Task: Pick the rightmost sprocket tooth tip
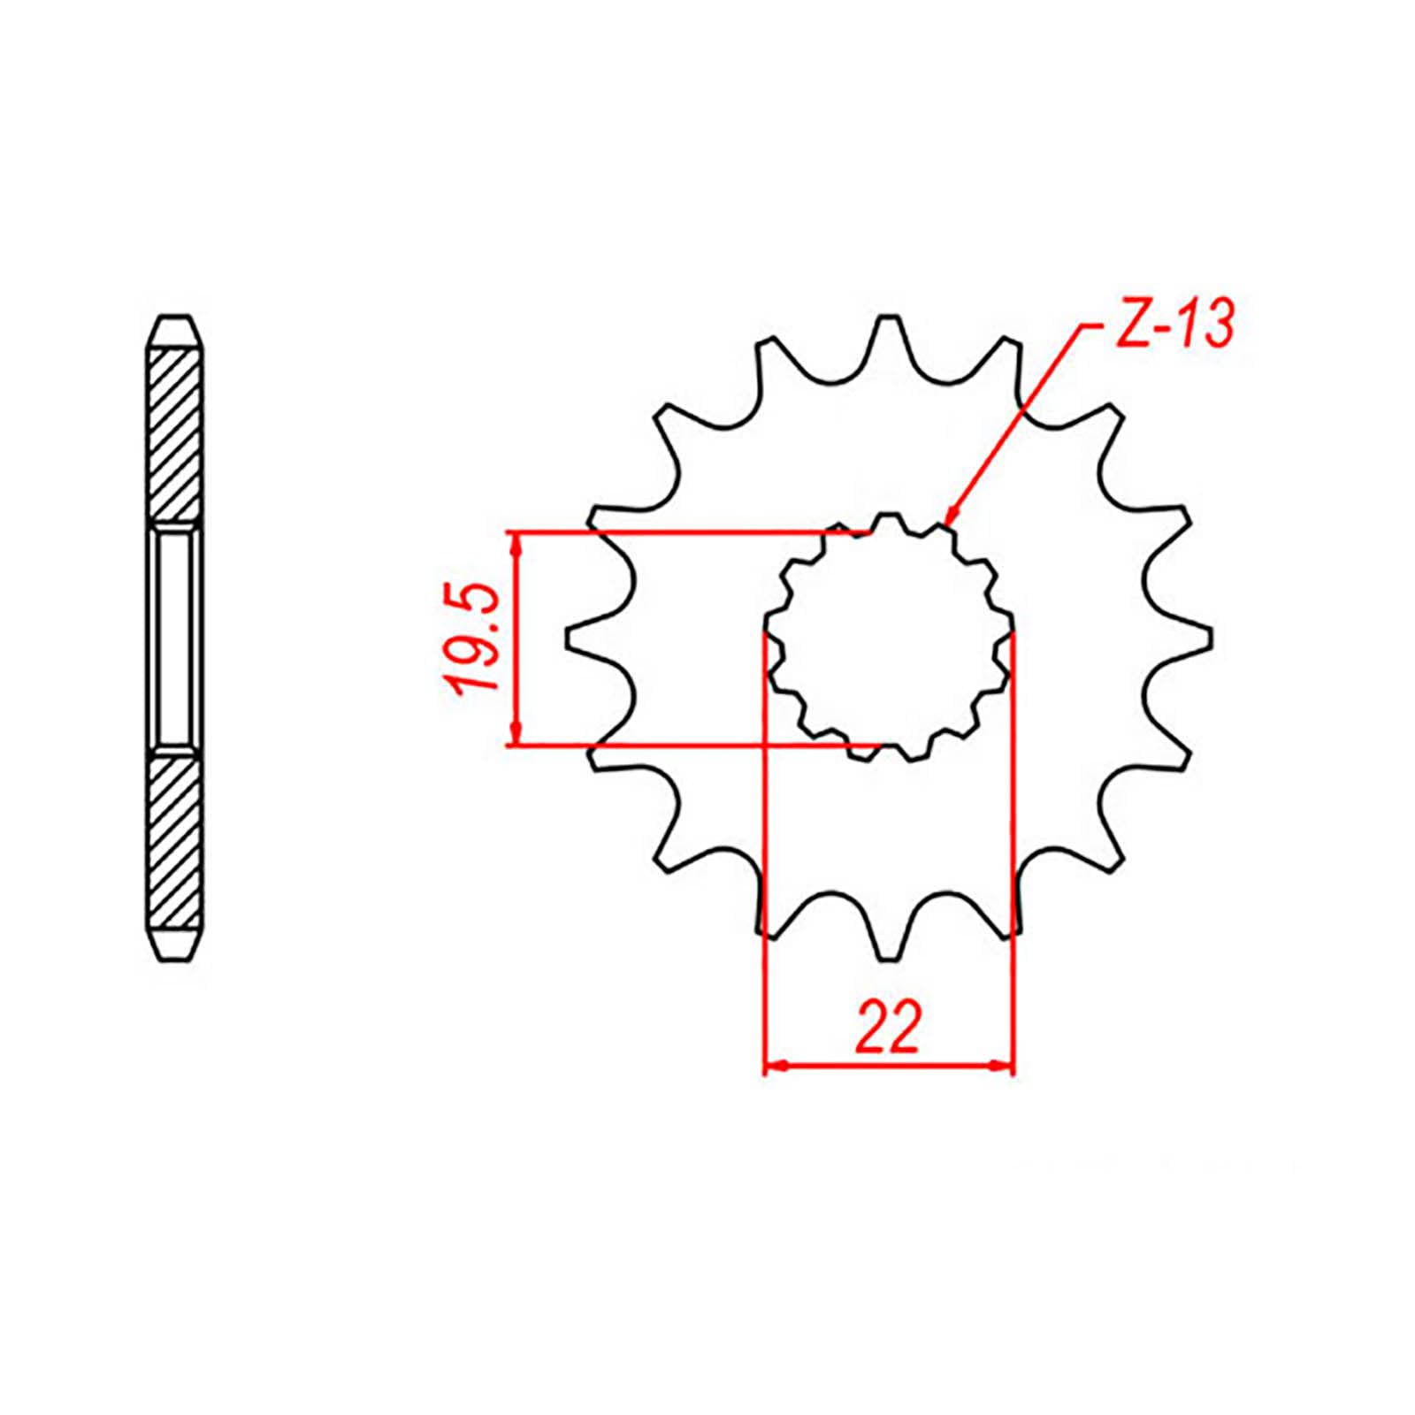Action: point(1208,639)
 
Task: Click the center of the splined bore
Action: point(888,639)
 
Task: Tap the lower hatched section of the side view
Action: point(176,842)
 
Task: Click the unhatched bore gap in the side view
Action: point(176,639)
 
